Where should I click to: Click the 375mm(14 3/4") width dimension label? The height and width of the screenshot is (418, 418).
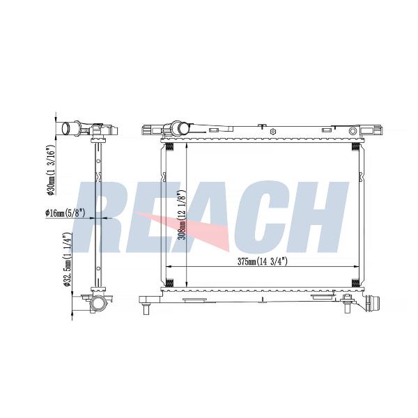[x=263, y=261]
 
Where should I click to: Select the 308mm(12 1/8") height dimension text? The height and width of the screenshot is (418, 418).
[x=182, y=215]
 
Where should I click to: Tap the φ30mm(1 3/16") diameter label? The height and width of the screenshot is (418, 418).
[x=50, y=170]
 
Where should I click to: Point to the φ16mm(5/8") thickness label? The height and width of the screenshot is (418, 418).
[x=65, y=212]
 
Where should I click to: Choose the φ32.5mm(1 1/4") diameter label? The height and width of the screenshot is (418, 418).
[x=67, y=259]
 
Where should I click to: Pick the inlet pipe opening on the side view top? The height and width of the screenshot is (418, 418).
[x=65, y=129]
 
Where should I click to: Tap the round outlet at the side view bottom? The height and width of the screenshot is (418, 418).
[x=98, y=304]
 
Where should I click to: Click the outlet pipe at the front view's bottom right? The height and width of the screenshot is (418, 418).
[x=373, y=303]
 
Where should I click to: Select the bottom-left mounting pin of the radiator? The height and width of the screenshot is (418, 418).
[x=146, y=310]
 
